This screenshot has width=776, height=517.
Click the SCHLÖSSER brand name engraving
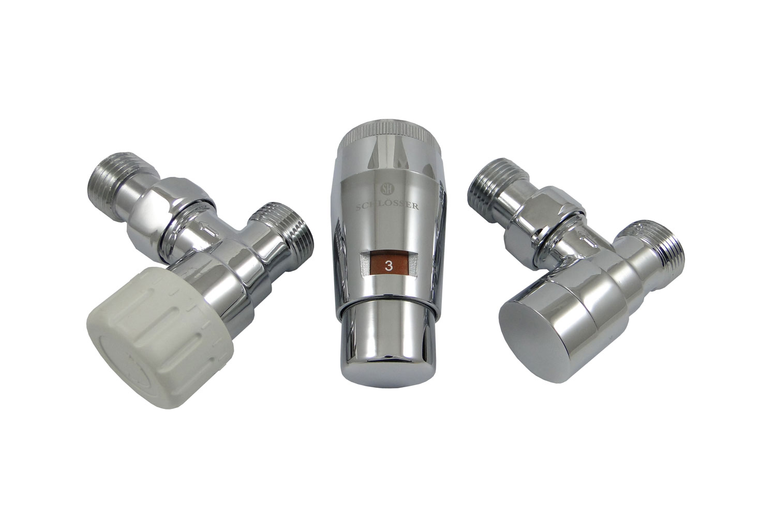click(x=387, y=206)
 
